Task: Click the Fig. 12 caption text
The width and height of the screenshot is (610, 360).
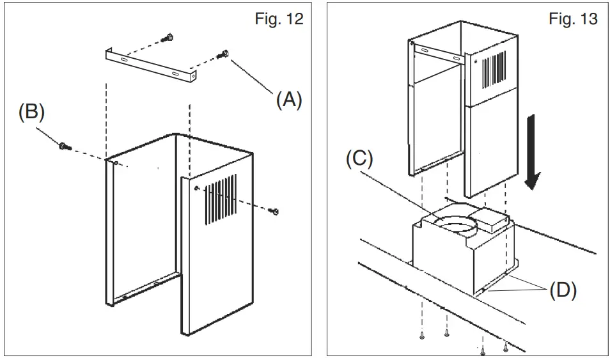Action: coord(278,19)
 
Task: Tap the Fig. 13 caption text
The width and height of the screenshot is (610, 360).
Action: coord(573,19)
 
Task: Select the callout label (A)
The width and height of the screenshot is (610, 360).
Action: coord(289,100)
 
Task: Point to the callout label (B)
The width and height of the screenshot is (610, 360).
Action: coord(31,113)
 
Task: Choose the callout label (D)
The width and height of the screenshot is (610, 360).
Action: coord(563,291)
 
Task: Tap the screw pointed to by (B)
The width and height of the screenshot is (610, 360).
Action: coord(64,146)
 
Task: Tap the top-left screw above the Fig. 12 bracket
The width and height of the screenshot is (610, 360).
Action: coord(168,36)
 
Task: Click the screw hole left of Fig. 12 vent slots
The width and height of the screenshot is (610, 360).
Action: coord(197,189)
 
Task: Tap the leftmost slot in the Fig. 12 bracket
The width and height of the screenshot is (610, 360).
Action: coord(123,60)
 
